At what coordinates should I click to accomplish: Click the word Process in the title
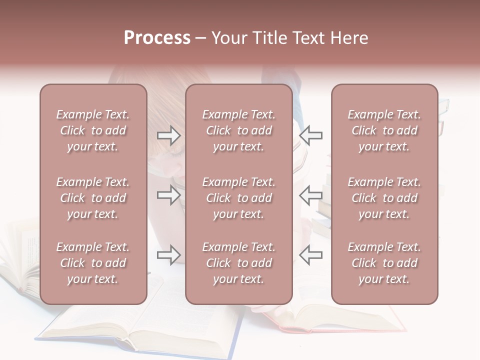pyautogui.click(x=157, y=38)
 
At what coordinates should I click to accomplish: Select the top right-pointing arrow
pyautogui.click(x=168, y=135)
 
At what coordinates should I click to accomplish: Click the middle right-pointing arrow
pyautogui.click(x=168, y=195)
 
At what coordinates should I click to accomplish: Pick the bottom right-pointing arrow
pyautogui.click(x=168, y=255)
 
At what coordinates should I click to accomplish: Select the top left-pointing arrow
pyautogui.click(x=310, y=135)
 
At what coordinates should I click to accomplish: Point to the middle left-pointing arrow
pyautogui.click(x=310, y=195)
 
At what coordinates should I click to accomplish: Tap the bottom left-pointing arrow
pyautogui.click(x=310, y=255)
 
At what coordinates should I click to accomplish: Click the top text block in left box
pyautogui.click(x=93, y=130)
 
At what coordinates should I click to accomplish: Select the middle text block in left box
pyautogui.click(x=93, y=198)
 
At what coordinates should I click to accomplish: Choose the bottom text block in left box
pyautogui.click(x=93, y=263)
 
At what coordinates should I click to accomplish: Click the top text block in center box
pyautogui.click(x=238, y=130)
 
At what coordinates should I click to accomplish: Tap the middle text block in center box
pyautogui.click(x=238, y=198)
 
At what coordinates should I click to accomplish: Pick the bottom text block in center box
pyautogui.click(x=238, y=263)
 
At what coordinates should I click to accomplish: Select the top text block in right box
pyautogui.click(x=384, y=130)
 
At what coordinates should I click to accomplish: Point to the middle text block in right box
pyautogui.click(x=384, y=198)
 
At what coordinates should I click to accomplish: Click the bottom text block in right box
pyautogui.click(x=384, y=263)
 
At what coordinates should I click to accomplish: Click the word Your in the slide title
pyautogui.click(x=228, y=38)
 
